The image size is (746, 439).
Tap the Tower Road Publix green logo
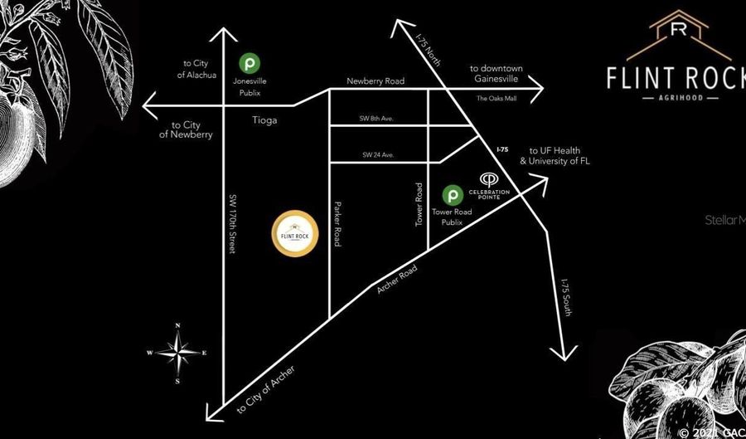(x=452, y=196)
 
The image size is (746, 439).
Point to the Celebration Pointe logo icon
(x=489, y=178)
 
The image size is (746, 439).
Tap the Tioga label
(x=265, y=120)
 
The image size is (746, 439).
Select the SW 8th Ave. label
(x=377, y=119)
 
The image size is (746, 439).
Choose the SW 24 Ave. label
(x=377, y=154)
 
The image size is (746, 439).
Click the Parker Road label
(x=338, y=222)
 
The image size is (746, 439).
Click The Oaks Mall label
(x=496, y=99)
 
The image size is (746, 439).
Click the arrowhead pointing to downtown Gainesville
(x=539, y=86)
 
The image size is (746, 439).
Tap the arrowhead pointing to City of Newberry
(x=149, y=105)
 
